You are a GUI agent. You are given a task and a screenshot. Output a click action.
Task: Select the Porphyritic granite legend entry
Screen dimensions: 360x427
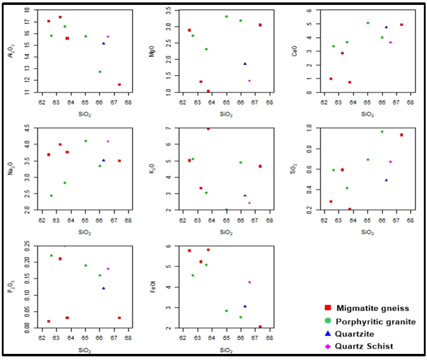[371, 321]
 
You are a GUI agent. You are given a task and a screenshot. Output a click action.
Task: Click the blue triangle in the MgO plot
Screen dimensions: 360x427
[245, 63]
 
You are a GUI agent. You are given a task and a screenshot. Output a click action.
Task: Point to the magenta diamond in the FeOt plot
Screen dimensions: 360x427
[249, 282]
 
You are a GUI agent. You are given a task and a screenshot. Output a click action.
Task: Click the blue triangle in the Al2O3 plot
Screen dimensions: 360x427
[104, 43]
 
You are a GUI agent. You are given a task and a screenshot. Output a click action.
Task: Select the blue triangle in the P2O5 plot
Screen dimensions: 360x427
[104, 288]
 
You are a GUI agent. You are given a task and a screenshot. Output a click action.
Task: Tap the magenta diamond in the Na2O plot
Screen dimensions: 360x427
[108, 141]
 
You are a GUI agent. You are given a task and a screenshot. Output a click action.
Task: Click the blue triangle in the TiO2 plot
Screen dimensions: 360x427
[386, 180]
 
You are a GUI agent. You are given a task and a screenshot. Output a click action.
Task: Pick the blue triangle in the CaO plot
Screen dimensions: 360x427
[386, 27]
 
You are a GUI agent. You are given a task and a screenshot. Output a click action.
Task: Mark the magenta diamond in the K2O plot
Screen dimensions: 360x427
[249, 203]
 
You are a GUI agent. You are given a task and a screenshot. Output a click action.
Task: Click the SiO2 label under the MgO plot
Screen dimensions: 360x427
[226, 113]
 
